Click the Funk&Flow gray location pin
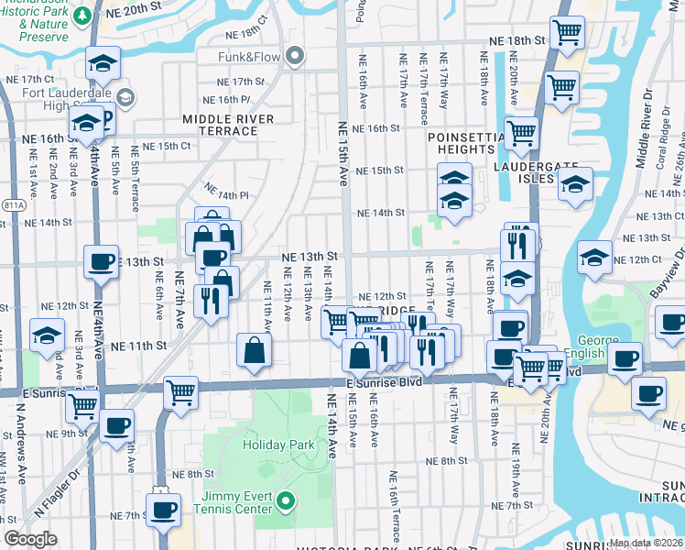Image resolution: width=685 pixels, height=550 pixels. point(295,58)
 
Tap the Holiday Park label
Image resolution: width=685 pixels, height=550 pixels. point(278,445)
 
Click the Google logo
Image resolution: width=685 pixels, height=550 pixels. point(31,539)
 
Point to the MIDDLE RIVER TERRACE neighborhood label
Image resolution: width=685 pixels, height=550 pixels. point(227,125)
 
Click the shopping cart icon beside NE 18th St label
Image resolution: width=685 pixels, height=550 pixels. point(568,32)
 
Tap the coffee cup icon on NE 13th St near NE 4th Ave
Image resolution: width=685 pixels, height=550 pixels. point(102,261)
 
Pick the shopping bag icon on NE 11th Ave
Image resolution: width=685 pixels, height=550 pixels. point(254,349)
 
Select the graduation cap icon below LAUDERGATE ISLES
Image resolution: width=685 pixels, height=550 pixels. point(574,185)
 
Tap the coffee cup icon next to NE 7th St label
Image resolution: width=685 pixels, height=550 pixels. point(164,510)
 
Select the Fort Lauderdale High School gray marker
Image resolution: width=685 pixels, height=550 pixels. point(125,97)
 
